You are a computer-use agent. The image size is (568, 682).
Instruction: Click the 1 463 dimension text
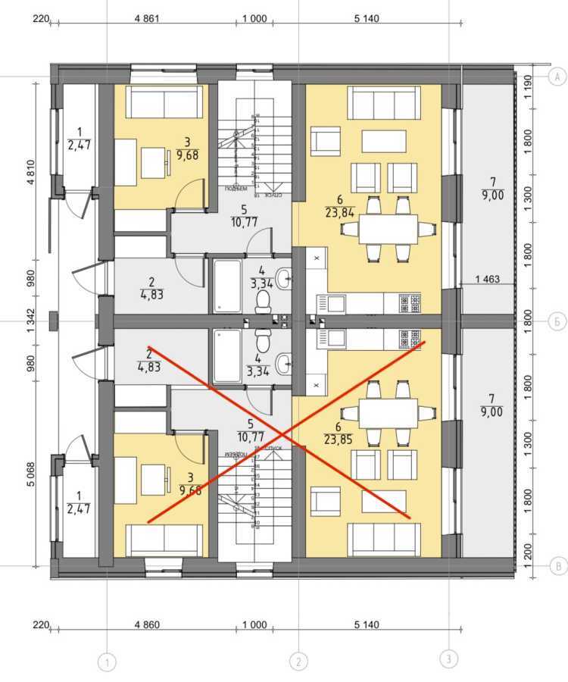(x=488, y=280)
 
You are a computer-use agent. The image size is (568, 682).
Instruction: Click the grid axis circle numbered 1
(x=108, y=662)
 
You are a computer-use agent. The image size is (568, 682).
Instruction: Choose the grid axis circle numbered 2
(x=299, y=662)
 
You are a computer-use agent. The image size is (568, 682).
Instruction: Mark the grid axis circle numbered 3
(x=449, y=659)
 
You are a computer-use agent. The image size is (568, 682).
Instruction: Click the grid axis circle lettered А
(x=557, y=77)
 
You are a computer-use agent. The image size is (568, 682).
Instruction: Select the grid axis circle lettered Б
(x=557, y=321)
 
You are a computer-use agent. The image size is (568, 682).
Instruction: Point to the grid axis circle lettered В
(x=557, y=565)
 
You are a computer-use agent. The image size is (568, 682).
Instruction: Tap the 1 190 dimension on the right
(x=529, y=81)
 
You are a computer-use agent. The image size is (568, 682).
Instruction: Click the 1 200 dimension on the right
(x=529, y=562)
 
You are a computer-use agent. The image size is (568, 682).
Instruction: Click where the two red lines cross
(x=283, y=433)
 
